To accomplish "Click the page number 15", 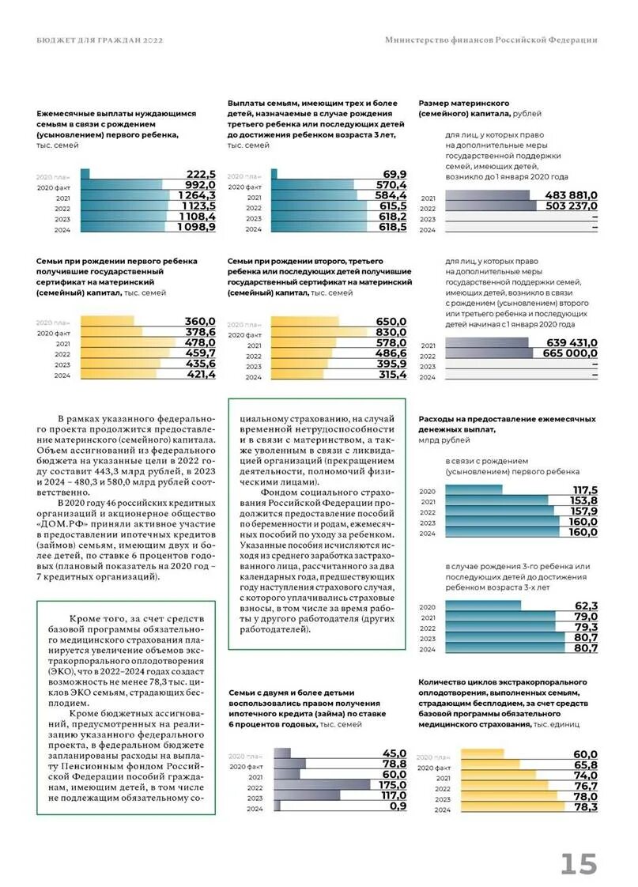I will pos(579,863).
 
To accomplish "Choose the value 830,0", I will pos(391,333).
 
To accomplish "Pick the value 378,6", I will pos(201,333).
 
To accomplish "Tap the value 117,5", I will pos(584,490).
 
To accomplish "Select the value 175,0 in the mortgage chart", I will pos(392,786).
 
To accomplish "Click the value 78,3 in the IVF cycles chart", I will pos(585,807).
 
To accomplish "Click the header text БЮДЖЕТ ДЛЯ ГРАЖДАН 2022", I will pos(100,40).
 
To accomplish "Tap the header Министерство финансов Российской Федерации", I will pos(491,40).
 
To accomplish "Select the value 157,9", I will pos(583,511).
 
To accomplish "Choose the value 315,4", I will pos(391,375).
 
